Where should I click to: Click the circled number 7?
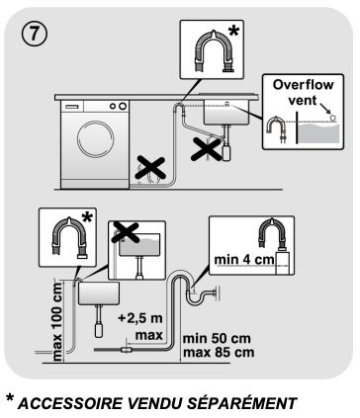(35, 34)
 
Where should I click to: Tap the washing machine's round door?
(96, 139)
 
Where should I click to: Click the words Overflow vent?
(303, 93)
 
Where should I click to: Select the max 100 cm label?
(56, 322)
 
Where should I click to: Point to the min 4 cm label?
(244, 260)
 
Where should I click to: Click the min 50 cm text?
(217, 338)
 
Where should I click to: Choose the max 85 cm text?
(219, 352)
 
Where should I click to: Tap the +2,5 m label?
(140, 318)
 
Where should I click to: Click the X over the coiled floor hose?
(150, 168)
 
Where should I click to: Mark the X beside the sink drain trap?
(207, 150)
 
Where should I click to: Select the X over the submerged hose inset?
(126, 232)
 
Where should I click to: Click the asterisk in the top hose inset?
(233, 32)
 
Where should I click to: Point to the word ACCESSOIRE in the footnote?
(69, 403)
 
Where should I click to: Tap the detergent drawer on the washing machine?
(72, 107)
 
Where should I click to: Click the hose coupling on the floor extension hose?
(126, 350)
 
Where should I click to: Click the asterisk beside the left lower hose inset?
(87, 218)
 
